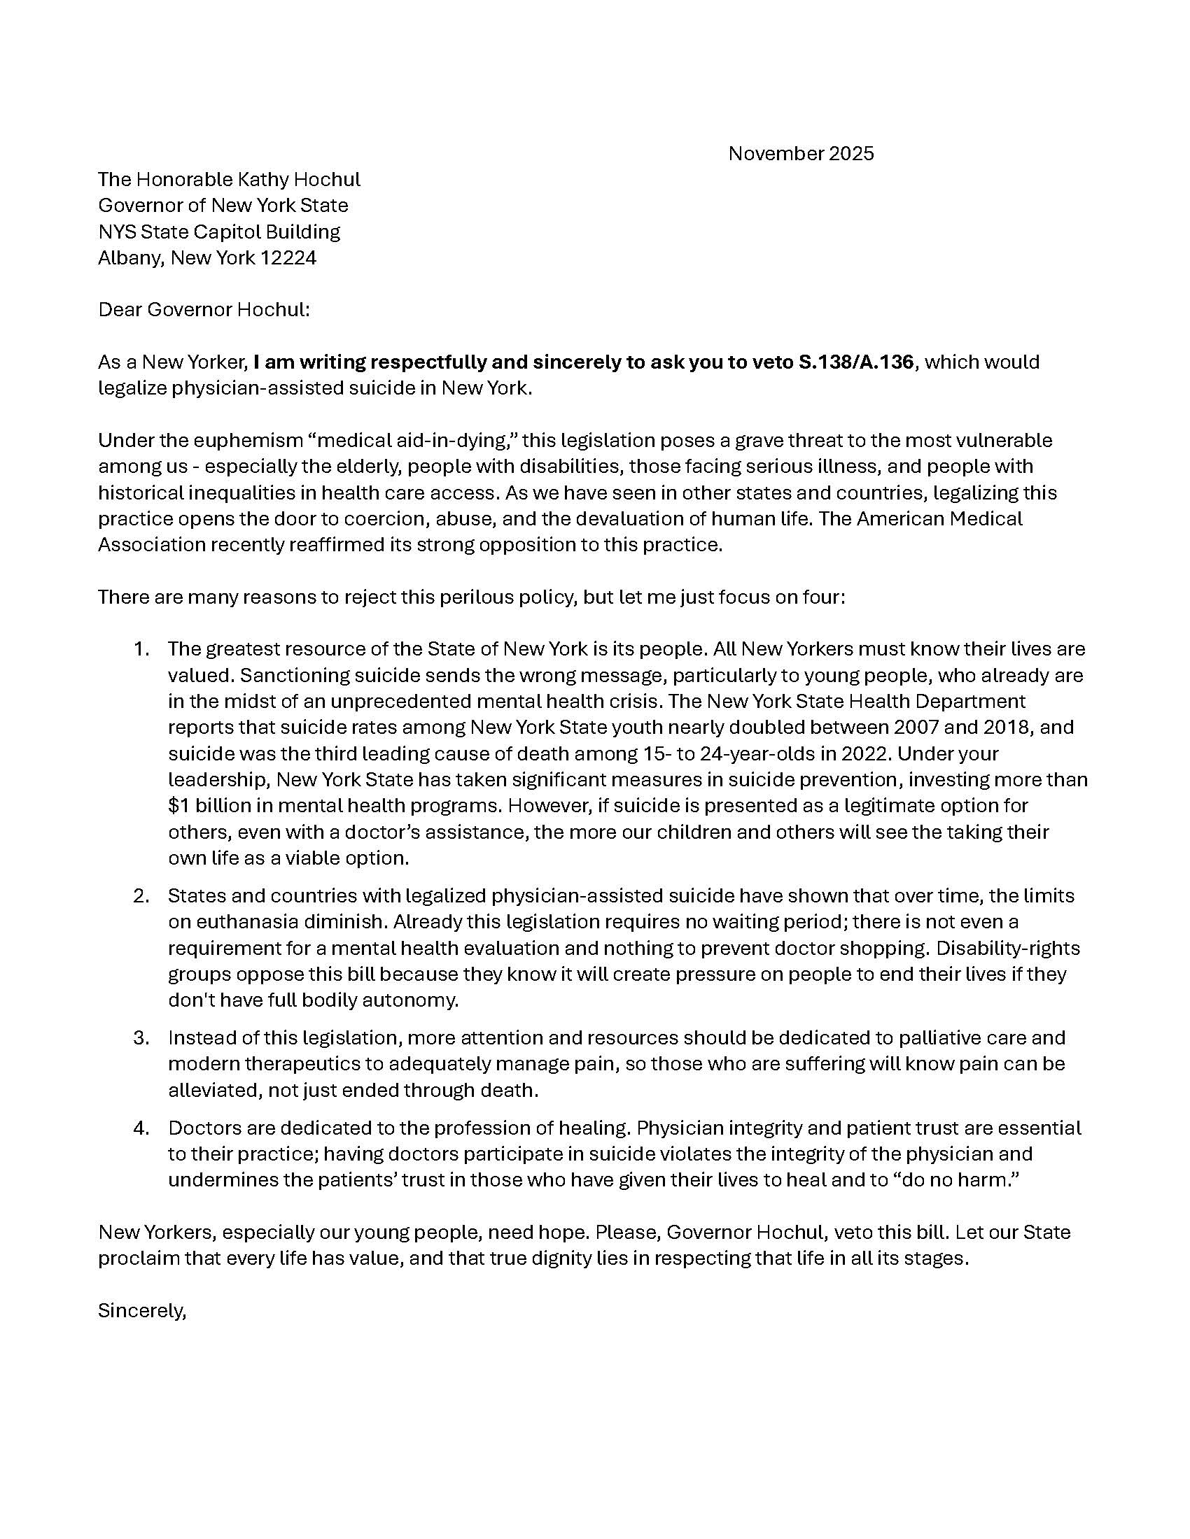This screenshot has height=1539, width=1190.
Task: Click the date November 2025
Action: [801, 154]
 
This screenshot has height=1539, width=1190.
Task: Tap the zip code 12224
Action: [288, 258]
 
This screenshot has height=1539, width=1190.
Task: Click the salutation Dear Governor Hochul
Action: [204, 310]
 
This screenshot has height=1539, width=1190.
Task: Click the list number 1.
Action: [141, 649]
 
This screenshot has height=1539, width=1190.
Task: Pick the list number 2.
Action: [141, 896]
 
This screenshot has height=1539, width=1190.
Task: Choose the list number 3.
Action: [141, 1038]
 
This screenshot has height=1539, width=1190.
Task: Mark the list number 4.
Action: [141, 1128]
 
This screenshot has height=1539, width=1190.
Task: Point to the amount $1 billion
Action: [206, 805]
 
